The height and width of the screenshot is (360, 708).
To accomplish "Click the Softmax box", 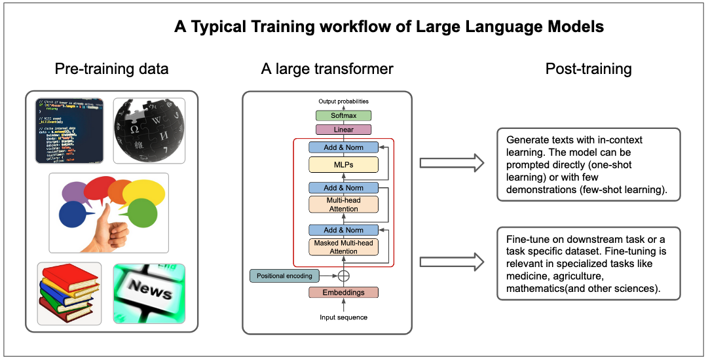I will (x=343, y=115).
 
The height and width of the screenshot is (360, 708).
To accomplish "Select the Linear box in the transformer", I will (x=343, y=130).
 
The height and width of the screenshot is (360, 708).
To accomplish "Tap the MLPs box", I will (x=343, y=165).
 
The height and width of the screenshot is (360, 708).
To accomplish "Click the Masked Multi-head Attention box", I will (x=343, y=247).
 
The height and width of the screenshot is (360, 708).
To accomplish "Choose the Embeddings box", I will (x=343, y=292).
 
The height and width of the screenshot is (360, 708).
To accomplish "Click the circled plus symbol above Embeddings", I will (x=343, y=276).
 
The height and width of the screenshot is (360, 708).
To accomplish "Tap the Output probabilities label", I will (x=343, y=101).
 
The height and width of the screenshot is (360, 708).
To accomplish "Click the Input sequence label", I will (x=343, y=317).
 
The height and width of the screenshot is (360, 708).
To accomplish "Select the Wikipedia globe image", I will (x=149, y=130).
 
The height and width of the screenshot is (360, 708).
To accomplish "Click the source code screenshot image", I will (x=69, y=130).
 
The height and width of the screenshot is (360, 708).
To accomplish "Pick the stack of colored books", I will (x=69, y=293).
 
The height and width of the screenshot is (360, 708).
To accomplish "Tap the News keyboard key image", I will (x=149, y=293).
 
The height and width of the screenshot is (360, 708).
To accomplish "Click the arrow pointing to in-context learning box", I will (x=451, y=163).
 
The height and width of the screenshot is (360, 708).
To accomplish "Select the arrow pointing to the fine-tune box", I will (x=451, y=262).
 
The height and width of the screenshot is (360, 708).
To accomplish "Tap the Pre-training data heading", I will (x=111, y=69).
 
